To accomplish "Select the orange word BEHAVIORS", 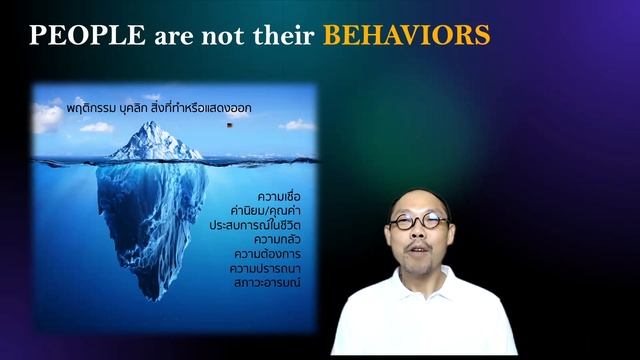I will pos(406,37).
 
